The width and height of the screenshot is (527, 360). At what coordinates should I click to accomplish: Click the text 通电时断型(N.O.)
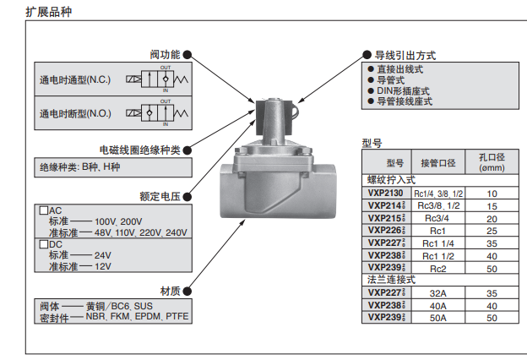76,112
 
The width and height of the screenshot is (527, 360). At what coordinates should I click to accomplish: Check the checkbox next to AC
44,210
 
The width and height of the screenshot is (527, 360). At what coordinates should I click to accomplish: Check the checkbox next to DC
44,244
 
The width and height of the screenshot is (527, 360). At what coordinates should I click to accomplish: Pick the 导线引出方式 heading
405,55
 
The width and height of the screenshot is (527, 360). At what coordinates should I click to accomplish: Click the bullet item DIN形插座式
403,90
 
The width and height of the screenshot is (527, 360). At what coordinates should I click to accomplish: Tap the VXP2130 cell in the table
385,193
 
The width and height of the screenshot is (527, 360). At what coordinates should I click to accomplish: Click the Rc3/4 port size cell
438,217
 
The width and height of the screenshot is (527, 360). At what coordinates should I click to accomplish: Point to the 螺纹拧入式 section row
390,180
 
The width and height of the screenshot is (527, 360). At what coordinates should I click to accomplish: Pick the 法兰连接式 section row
390,279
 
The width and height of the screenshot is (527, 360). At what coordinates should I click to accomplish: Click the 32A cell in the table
438,292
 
